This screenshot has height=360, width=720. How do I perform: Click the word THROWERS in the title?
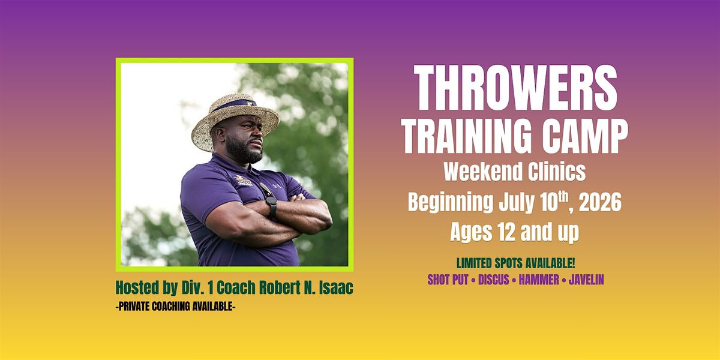(515, 88)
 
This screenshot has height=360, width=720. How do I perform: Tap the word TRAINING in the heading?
(466, 136)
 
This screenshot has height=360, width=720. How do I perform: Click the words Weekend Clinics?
(515, 172)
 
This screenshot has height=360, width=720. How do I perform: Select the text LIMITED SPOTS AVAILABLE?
(515, 263)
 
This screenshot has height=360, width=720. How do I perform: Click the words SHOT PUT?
(448, 280)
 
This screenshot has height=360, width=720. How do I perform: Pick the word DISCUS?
(494, 280)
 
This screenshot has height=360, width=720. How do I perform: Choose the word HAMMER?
(539, 280)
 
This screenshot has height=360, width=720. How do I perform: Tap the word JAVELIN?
(587, 280)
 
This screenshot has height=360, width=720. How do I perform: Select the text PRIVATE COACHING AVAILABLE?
(175, 307)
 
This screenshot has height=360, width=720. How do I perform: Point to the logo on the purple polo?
(244, 181)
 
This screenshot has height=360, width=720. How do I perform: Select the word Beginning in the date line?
(450, 203)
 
